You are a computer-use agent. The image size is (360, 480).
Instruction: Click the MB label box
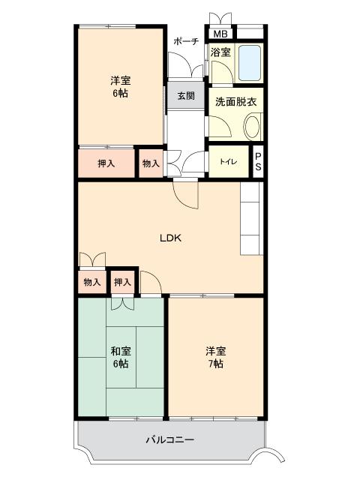(x=220, y=34)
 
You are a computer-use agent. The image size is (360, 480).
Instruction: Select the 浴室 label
(x=220, y=52)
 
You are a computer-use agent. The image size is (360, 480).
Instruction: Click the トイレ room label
(x=227, y=162)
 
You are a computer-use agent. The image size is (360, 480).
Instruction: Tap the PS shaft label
(x=257, y=162)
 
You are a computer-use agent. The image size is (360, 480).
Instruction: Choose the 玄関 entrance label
(x=186, y=96)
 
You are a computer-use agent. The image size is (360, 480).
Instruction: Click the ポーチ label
(x=185, y=41)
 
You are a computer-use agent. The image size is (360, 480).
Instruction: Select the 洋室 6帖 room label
(x=120, y=86)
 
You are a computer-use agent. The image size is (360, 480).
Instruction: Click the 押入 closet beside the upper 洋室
(x=106, y=163)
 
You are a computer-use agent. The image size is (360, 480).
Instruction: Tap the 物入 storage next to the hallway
(x=151, y=163)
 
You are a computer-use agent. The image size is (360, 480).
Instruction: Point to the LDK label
(x=171, y=238)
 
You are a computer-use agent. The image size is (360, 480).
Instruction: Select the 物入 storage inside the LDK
(x=91, y=282)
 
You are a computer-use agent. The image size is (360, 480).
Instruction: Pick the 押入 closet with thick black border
(x=122, y=282)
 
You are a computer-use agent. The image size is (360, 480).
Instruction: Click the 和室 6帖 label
(x=120, y=357)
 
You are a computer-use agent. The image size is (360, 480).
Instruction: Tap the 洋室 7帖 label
(x=215, y=357)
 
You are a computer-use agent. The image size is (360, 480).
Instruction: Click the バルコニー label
(x=169, y=439)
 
